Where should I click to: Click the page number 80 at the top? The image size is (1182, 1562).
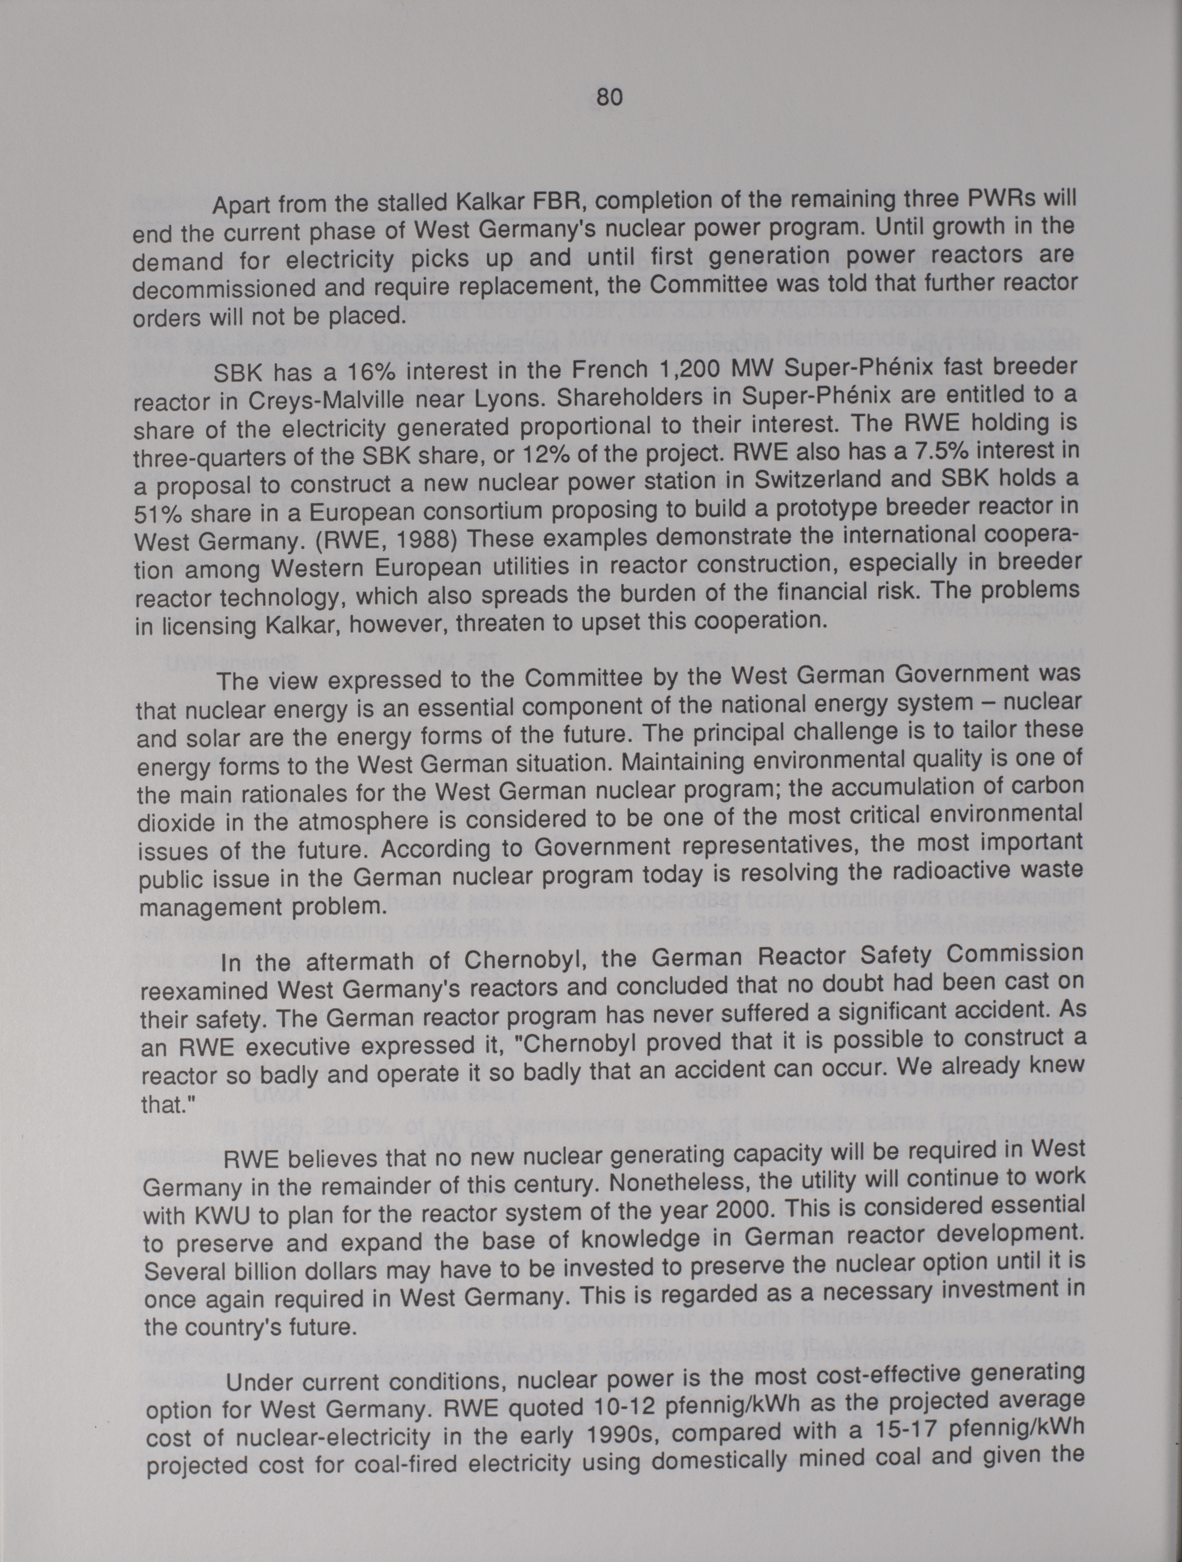coord(610,97)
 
